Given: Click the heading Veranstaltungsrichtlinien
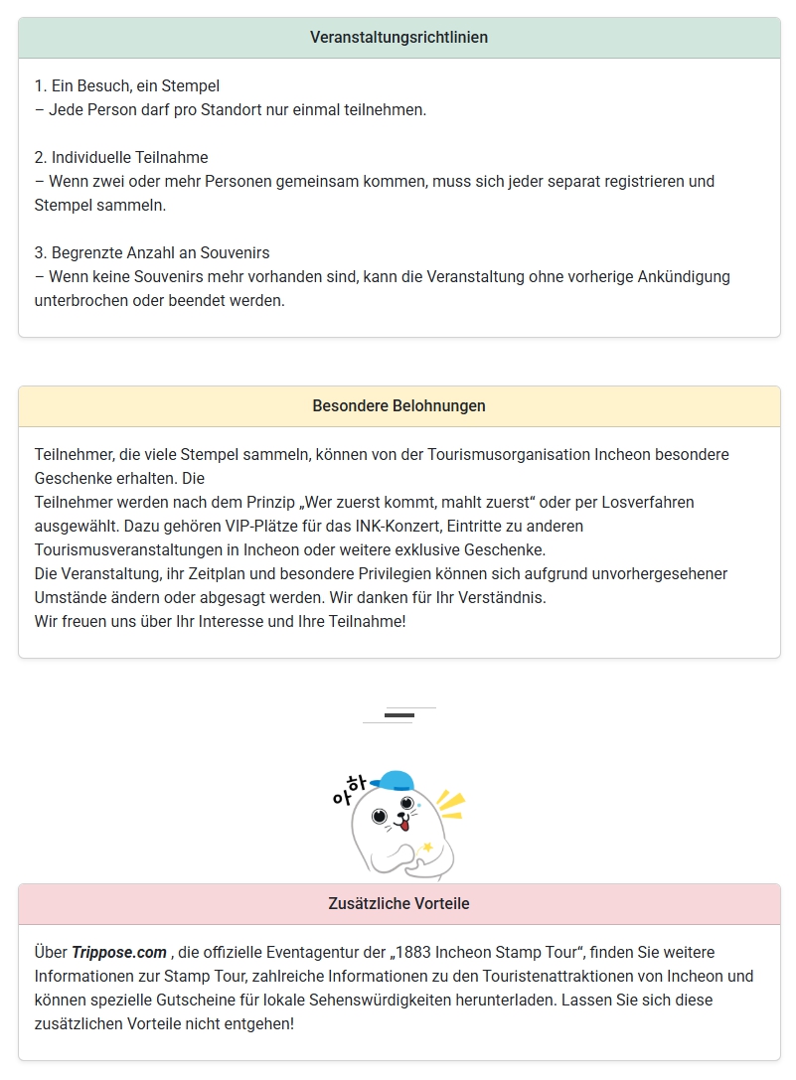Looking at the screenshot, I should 398,38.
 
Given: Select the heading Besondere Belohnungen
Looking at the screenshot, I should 398,406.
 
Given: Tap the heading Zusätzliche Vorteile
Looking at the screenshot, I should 398,904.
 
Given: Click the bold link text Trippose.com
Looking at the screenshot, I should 119,952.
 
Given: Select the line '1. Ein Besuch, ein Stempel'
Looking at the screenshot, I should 127,86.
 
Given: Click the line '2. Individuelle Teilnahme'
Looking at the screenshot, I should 121,158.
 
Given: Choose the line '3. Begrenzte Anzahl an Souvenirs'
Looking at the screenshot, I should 152,253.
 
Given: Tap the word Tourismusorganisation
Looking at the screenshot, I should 510,454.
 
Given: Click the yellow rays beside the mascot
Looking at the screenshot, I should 451,803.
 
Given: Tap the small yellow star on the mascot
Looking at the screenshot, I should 427,847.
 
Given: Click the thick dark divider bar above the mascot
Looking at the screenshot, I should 398,715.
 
